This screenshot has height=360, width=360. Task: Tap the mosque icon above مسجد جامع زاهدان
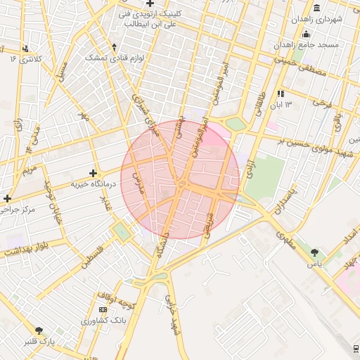306,34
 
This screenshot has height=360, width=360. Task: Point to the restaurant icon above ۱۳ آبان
281,94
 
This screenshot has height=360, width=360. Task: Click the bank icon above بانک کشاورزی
103,310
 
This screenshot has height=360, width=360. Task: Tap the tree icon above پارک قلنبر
39,330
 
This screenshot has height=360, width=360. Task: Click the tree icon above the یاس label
314,252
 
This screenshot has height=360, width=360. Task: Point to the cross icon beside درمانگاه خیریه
93,172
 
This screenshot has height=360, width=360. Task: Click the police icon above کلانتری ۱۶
26,49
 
